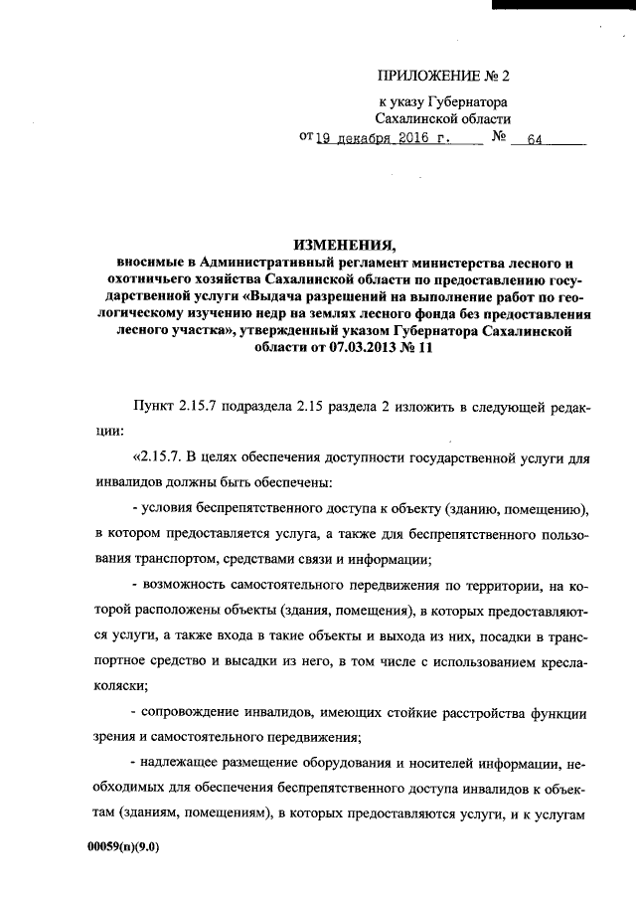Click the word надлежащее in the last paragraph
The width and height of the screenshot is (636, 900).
(185, 763)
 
